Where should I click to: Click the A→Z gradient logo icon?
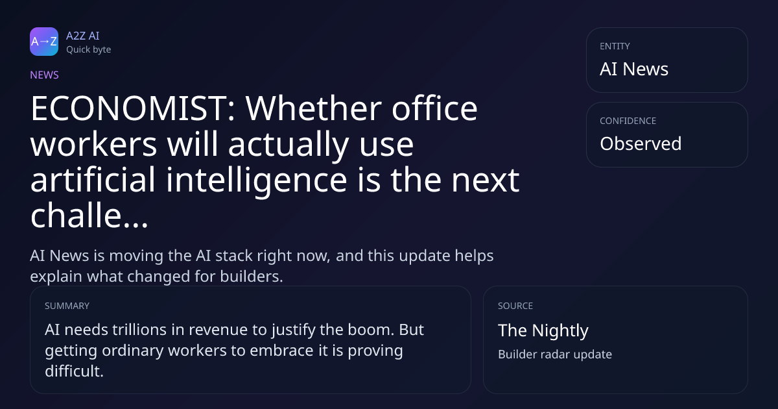44,42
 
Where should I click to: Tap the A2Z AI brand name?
83,36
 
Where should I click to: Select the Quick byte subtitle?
89,50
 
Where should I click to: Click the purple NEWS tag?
45,75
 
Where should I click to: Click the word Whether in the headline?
314,108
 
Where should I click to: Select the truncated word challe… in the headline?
89,216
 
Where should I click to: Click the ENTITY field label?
615,46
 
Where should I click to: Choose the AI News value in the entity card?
634,69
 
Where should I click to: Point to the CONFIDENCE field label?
628,121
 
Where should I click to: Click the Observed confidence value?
641,143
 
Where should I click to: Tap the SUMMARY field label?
67,306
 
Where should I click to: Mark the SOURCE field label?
515,306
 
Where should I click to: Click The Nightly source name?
543,330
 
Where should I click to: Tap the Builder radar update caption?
555,354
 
